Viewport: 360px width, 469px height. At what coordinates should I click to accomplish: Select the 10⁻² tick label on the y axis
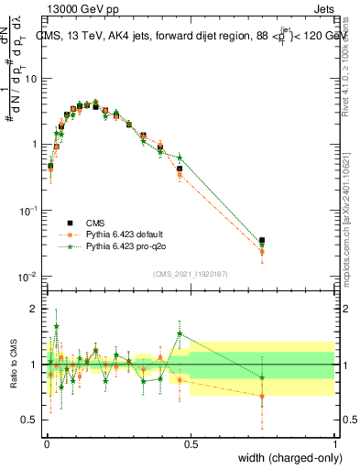pos(28,277)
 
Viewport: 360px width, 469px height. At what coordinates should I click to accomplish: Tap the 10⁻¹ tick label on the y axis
pos(28,211)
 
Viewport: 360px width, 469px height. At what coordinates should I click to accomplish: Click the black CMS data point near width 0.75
pos(263,241)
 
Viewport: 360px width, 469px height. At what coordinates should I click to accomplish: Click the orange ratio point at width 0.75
pos(263,397)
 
